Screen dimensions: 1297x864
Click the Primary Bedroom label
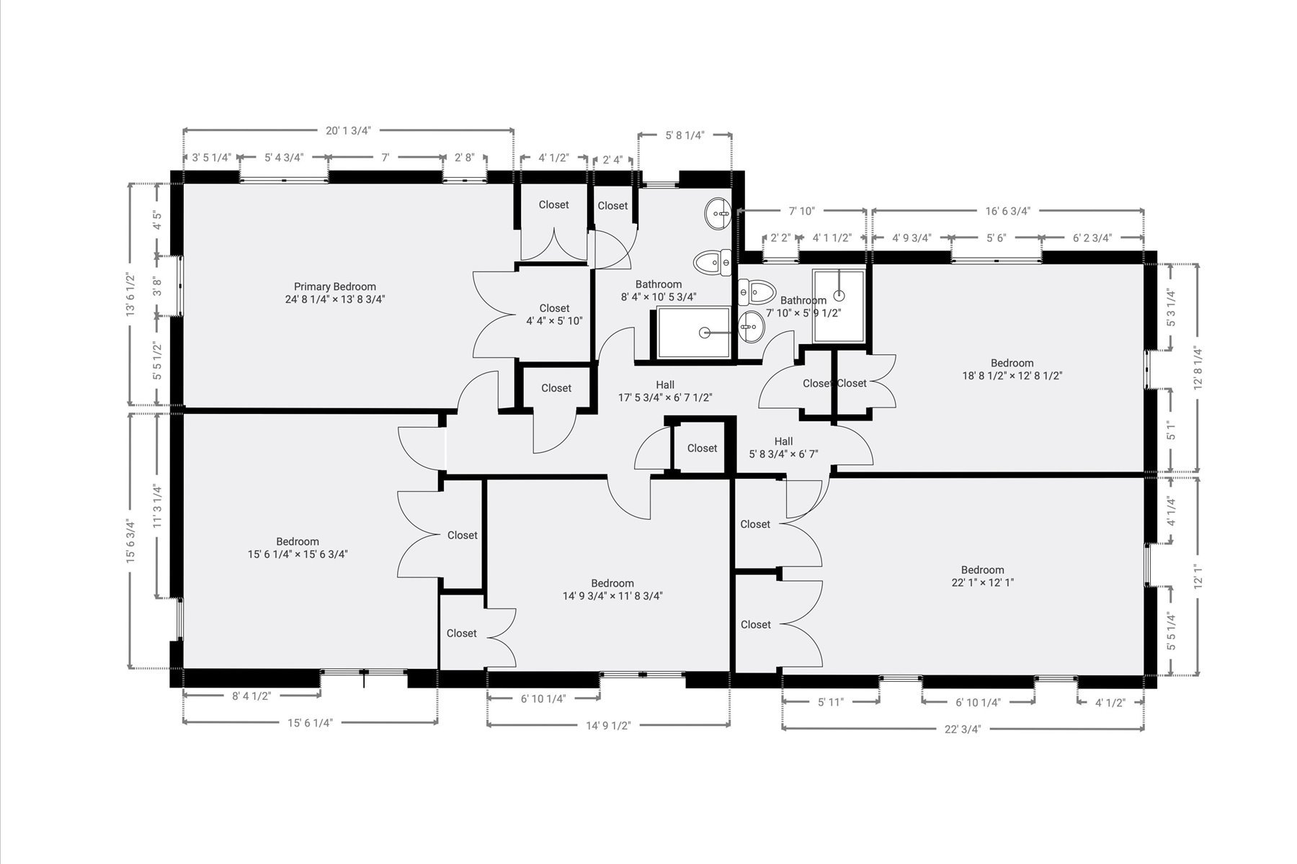tap(335, 292)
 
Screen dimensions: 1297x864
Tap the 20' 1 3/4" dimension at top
tap(348, 130)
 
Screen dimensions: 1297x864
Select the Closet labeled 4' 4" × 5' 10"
tap(554, 315)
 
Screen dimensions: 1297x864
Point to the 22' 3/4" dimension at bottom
tap(963, 728)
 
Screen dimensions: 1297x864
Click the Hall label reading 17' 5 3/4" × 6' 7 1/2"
tap(665, 391)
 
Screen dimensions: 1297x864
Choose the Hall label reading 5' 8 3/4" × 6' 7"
tap(783, 447)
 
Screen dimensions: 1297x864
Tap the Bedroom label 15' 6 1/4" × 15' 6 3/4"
tap(298, 548)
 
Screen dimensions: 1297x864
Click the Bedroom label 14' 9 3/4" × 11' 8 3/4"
tap(612, 590)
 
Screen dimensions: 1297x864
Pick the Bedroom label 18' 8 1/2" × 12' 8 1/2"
tap(1012, 369)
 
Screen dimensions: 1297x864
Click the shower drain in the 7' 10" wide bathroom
tap(839, 295)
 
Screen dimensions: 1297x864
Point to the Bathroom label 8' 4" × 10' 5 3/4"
tap(659, 290)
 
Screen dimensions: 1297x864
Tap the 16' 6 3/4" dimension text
tap(1007, 211)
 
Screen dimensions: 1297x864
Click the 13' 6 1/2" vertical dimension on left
tap(130, 294)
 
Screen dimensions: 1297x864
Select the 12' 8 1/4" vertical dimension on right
tap(1198, 369)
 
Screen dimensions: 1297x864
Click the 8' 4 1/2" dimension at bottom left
tap(251, 696)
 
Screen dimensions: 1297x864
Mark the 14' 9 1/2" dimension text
tap(608, 726)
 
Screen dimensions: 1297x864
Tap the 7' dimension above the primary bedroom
tap(385, 158)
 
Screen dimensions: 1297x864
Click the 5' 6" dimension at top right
tap(996, 238)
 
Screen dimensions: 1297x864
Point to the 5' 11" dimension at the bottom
tap(830, 702)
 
